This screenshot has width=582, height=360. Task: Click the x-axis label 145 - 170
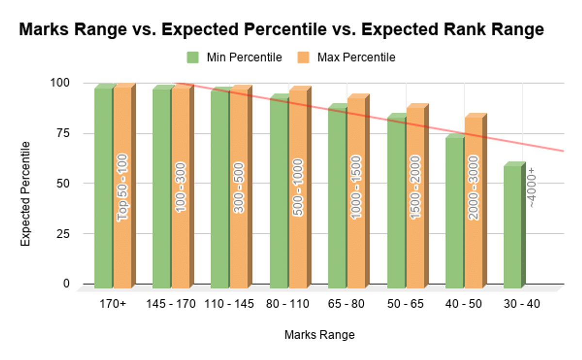coord(171,305)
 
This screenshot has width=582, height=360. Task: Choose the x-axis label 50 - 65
coord(405,305)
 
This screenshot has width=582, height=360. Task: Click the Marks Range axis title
coord(319,335)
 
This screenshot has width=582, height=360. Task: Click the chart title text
coord(281,30)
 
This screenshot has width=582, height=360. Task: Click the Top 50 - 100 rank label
coord(122,187)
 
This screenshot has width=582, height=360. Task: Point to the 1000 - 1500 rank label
coord(356,187)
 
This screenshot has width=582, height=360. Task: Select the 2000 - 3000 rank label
coord(473,187)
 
